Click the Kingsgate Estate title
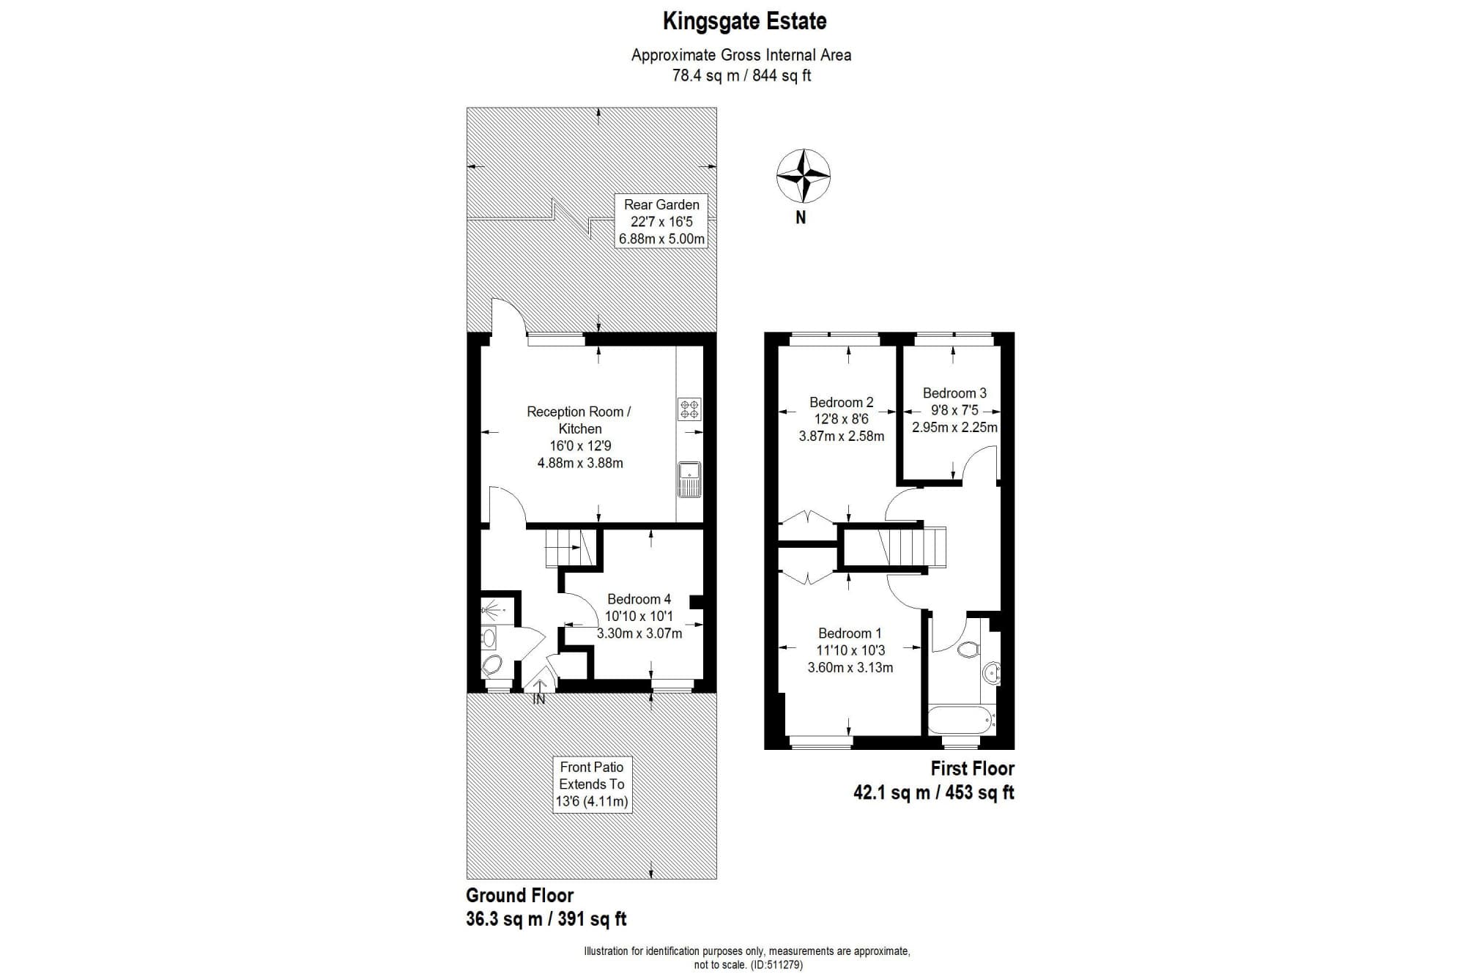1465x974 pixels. tap(744, 21)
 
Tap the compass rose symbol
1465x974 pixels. tap(803, 176)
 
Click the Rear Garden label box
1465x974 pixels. tap(661, 222)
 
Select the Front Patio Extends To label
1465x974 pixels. tap(592, 784)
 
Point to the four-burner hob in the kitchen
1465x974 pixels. tap(689, 409)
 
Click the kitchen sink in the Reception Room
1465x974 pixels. tap(689, 479)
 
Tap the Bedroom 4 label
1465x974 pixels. tap(639, 599)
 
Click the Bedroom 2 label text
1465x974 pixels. tap(841, 402)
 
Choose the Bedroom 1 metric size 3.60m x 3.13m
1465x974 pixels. tap(850, 667)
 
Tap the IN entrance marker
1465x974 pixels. tap(539, 699)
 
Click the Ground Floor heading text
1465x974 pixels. tap(519, 895)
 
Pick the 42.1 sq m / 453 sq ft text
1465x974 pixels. tap(933, 792)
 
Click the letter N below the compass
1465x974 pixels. tap(801, 218)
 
